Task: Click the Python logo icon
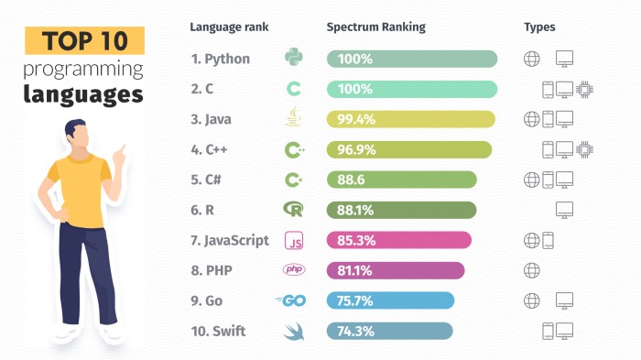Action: pos(294,59)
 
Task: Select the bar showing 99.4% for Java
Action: pos(410,119)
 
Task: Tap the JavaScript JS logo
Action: pos(294,241)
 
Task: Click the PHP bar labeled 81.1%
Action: pos(396,270)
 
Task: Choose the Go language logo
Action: pos(290,300)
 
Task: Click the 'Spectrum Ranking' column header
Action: pos(375,27)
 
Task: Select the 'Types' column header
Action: pos(539,27)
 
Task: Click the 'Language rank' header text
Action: pos(229,27)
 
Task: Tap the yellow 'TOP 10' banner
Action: pos(84,41)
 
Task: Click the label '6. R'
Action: pos(202,210)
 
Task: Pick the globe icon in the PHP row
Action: pos(530,270)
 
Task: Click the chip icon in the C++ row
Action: pos(584,149)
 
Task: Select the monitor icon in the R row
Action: pos(565,210)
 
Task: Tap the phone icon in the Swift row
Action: pos(548,330)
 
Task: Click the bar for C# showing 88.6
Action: pos(401,180)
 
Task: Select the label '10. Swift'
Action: pos(216,331)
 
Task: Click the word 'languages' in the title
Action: pos(84,94)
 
